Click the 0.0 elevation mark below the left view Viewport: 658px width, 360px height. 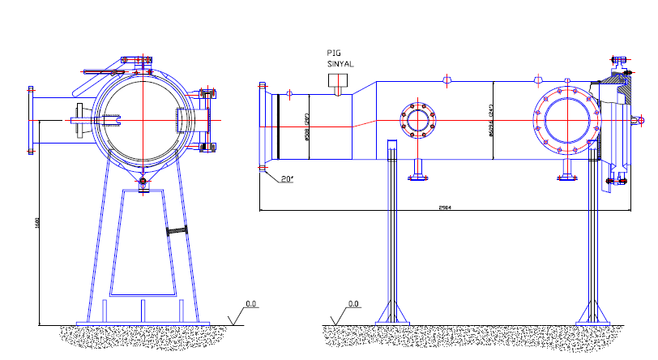coord(251,303)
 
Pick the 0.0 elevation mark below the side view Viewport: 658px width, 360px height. coord(353,304)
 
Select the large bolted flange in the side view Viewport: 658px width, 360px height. coord(567,122)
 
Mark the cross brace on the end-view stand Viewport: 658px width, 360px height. coord(178,233)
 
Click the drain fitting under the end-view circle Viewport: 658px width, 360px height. coord(143,183)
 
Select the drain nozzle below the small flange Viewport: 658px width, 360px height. coord(419,169)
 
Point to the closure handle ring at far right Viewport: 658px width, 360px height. coord(639,120)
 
